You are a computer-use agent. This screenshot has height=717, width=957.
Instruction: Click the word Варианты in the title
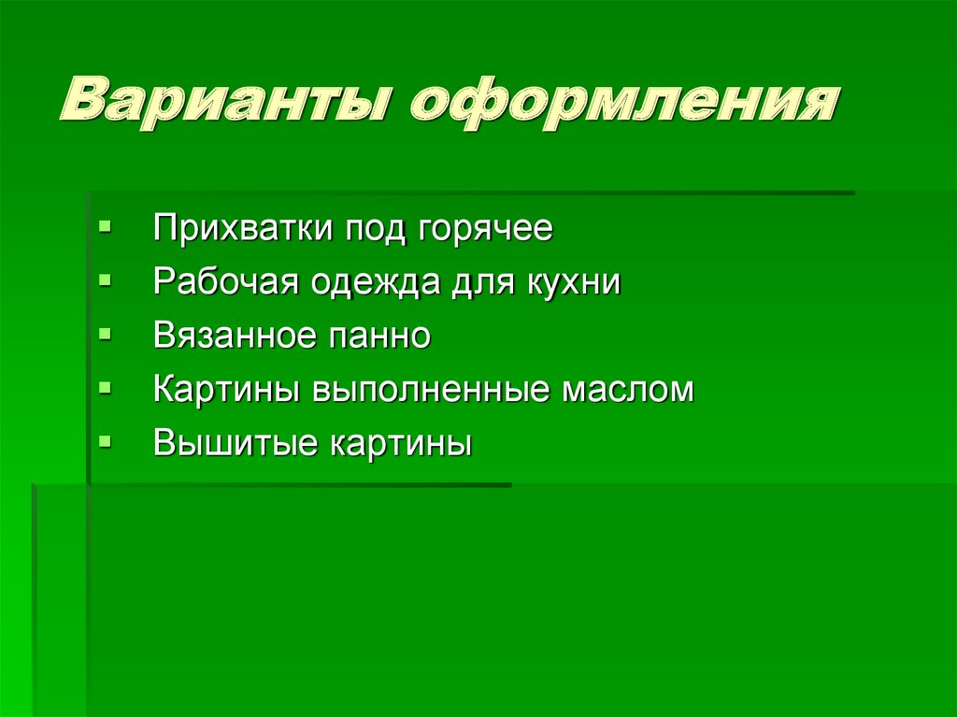pos(225,104)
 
